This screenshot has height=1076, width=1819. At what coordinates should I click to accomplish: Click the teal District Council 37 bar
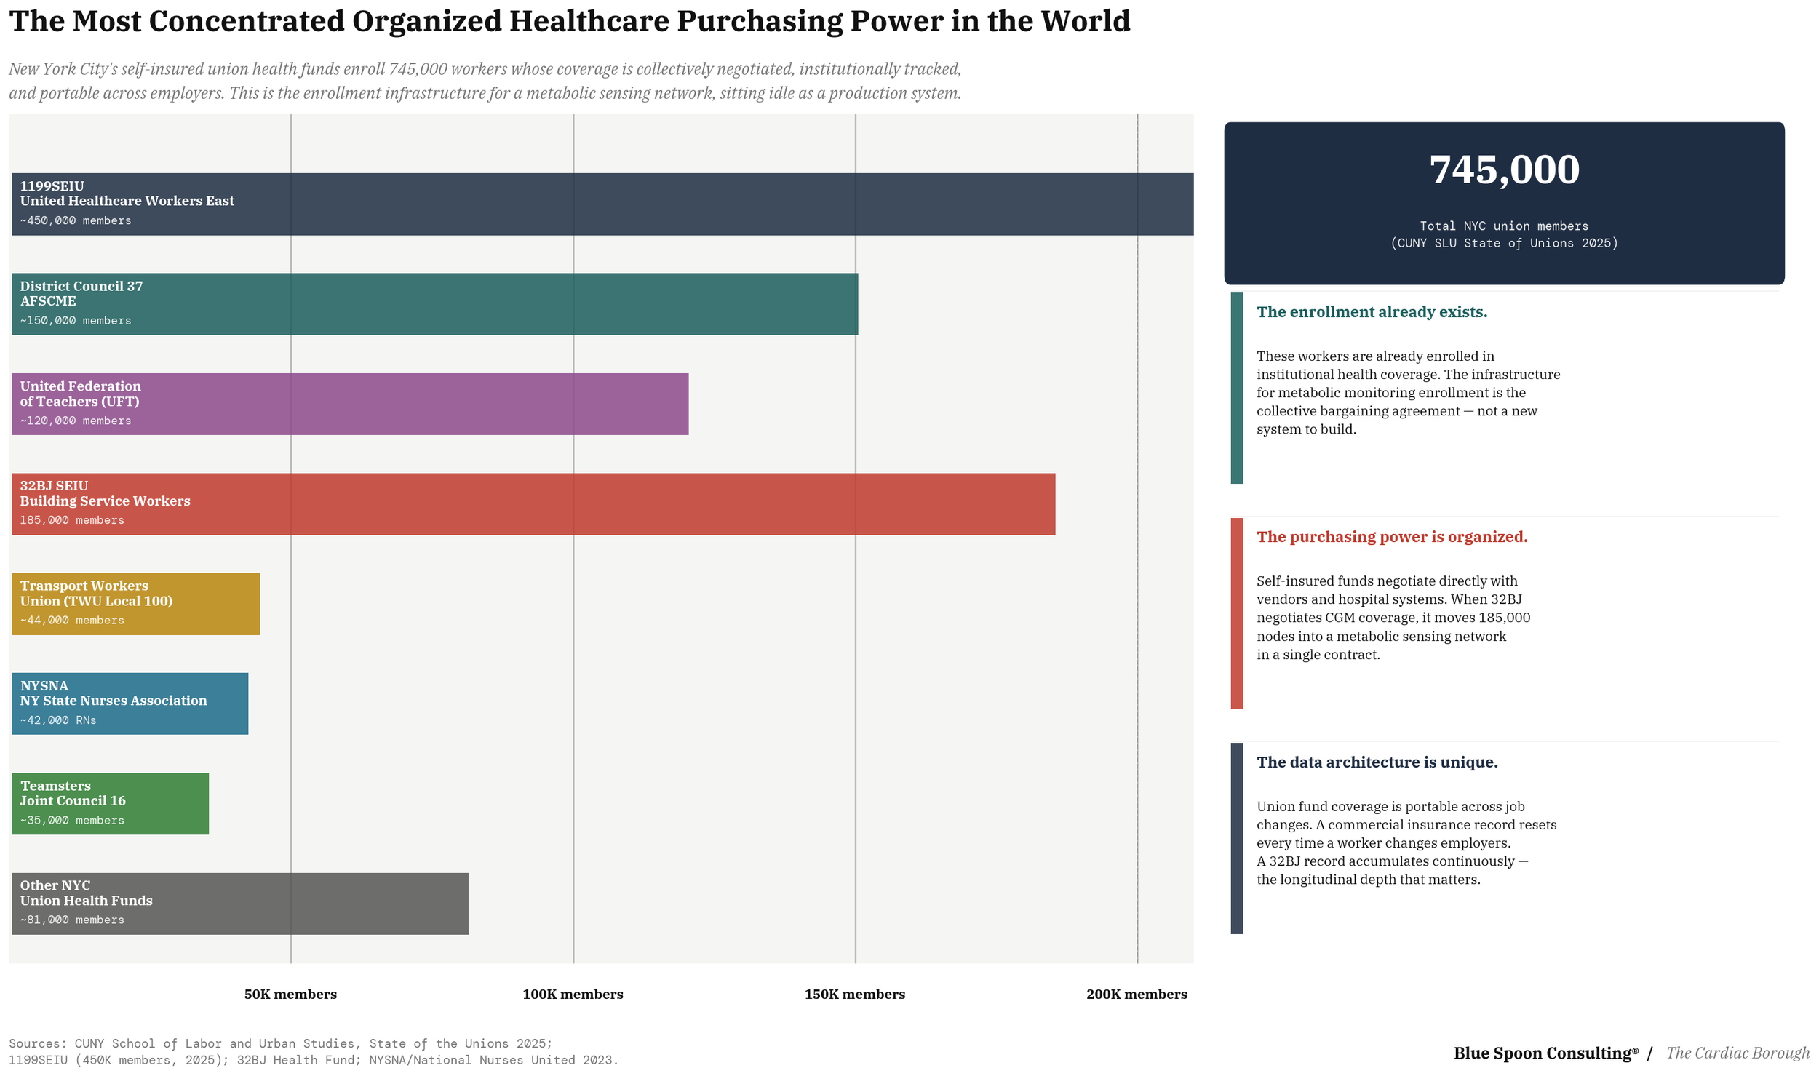point(509,304)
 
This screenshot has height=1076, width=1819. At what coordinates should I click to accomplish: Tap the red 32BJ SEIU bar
point(582,504)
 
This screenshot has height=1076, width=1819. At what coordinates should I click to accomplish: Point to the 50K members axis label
point(290,994)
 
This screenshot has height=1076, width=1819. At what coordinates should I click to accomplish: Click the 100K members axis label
point(573,994)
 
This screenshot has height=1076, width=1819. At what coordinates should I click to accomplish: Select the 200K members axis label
point(1137,994)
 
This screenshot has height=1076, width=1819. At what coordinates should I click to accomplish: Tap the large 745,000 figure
point(1504,170)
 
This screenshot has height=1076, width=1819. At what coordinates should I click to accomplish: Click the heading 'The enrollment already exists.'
point(1372,312)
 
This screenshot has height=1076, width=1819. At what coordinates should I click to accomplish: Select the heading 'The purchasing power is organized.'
point(1391,537)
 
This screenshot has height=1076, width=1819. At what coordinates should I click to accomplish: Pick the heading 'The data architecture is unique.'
point(1377,762)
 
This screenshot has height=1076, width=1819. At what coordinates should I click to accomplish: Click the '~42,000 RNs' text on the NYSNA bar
point(58,720)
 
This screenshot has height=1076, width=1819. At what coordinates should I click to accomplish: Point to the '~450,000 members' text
point(76,220)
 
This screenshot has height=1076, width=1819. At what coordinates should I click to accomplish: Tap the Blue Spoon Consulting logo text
point(1545,1053)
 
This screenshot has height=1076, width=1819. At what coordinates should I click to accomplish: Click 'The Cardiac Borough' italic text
point(1738,1053)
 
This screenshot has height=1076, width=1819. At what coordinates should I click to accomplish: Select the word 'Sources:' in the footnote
point(38,1043)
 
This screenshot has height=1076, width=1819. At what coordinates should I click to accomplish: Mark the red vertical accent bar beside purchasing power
point(1236,613)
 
